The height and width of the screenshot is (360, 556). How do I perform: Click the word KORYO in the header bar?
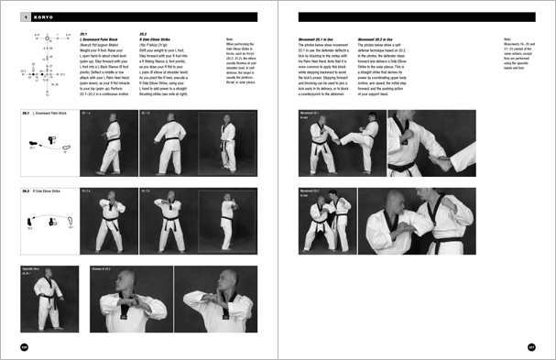(x=41, y=16)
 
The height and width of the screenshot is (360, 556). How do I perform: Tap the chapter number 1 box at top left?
(x=25, y=16)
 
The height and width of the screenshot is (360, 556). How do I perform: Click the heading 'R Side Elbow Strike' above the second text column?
(x=159, y=43)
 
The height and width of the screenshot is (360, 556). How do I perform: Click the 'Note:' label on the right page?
(x=507, y=38)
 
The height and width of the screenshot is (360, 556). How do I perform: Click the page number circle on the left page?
(x=25, y=346)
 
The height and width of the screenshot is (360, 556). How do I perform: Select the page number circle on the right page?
(x=530, y=346)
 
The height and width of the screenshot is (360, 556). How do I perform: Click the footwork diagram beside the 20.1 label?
(x=46, y=145)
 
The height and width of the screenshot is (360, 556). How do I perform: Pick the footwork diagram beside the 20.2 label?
(x=46, y=222)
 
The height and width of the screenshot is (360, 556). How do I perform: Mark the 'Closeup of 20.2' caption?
(x=104, y=269)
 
